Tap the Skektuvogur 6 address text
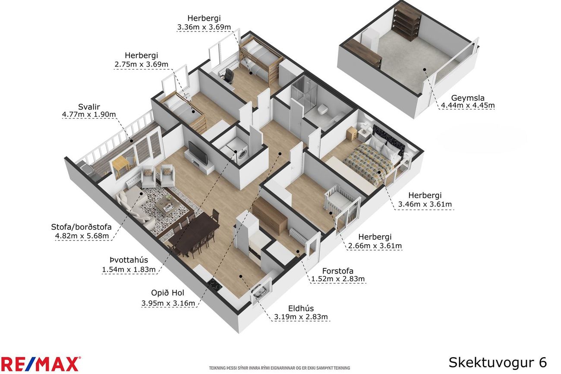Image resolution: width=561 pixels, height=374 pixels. (x=498, y=362)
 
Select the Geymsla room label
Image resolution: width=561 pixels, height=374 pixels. (x=468, y=97)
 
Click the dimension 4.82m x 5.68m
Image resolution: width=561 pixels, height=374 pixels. (x=82, y=236)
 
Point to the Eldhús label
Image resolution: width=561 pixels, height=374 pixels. (x=301, y=308)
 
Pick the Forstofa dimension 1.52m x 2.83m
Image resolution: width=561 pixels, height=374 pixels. (x=337, y=279)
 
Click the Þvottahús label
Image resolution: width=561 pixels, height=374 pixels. (x=129, y=260)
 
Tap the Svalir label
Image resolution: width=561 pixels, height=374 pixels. (x=89, y=107)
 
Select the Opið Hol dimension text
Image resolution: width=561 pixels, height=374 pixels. (x=168, y=303)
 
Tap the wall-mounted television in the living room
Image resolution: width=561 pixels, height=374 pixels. (x=198, y=152)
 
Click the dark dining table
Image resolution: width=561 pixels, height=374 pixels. (x=194, y=230)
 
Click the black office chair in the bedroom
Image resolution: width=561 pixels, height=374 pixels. (x=228, y=75)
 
